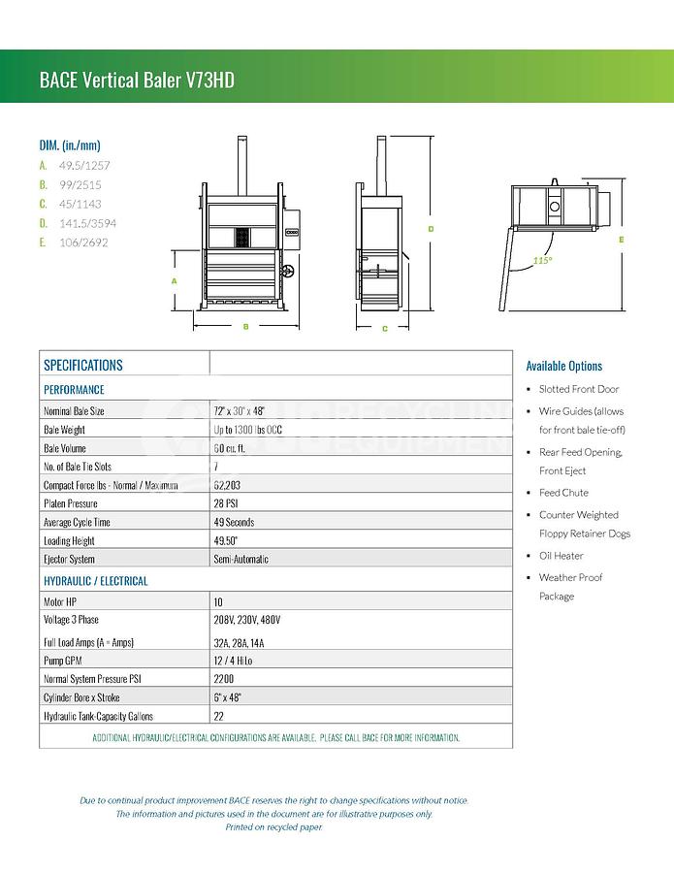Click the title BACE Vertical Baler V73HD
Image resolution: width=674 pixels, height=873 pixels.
point(137,80)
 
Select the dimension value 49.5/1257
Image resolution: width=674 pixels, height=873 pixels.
point(80,165)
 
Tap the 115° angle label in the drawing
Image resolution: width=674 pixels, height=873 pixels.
point(542,261)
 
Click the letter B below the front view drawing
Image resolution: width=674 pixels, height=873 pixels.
point(245,327)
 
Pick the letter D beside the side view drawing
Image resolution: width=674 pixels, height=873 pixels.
point(430,229)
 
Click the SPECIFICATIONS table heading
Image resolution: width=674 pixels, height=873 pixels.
point(83,366)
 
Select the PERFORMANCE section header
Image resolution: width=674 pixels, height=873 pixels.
point(74,389)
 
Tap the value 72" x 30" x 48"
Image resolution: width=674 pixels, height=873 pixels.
point(240,411)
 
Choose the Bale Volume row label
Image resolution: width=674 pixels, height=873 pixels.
point(65,448)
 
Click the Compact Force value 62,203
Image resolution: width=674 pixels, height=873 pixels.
point(228,485)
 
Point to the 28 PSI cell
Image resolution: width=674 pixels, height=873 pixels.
point(228,503)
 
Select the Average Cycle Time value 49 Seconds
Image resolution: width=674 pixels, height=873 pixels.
point(234,522)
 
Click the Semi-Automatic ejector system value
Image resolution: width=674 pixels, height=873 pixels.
point(241,560)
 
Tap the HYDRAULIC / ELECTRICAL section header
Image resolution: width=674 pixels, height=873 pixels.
point(96,581)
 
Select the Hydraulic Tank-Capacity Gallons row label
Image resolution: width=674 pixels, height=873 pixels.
point(98,716)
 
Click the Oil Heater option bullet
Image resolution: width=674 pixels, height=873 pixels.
point(562,556)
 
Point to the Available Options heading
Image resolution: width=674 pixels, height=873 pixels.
point(564,366)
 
